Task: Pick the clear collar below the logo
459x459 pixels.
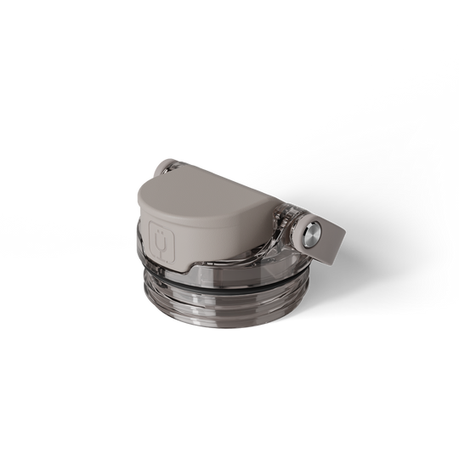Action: coord(166,270)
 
